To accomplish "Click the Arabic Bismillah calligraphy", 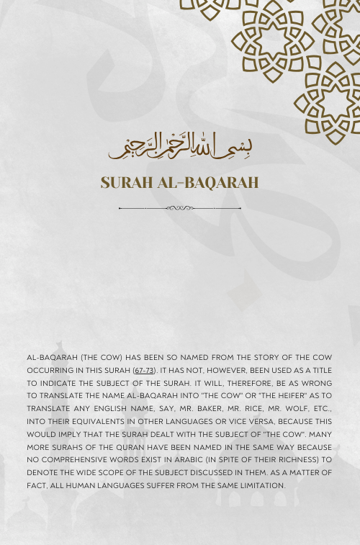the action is click(180, 147).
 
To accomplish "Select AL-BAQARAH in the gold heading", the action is click(209, 183).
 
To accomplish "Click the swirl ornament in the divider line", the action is click(180, 208).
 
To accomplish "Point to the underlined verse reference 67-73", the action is click(144, 369).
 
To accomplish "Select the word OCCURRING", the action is click(52, 369).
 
